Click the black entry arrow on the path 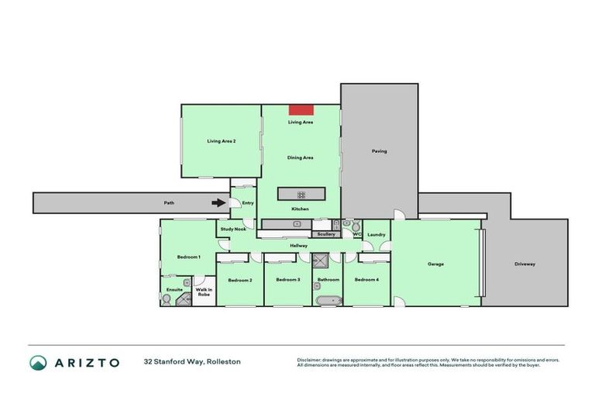(219, 203)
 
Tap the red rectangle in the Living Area (301, 110)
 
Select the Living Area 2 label (221, 141)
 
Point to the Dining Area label (301, 157)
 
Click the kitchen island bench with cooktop (301, 194)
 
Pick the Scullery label (326, 233)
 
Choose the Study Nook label (232, 229)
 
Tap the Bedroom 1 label (188, 257)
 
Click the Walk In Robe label (204, 292)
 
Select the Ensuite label (174, 289)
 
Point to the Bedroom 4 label (366, 279)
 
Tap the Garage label (435, 264)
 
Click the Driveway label (524, 264)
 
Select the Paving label (379, 151)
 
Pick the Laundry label (377, 234)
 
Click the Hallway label (299, 246)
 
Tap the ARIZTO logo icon (38, 362)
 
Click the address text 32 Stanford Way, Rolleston (191, 361)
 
